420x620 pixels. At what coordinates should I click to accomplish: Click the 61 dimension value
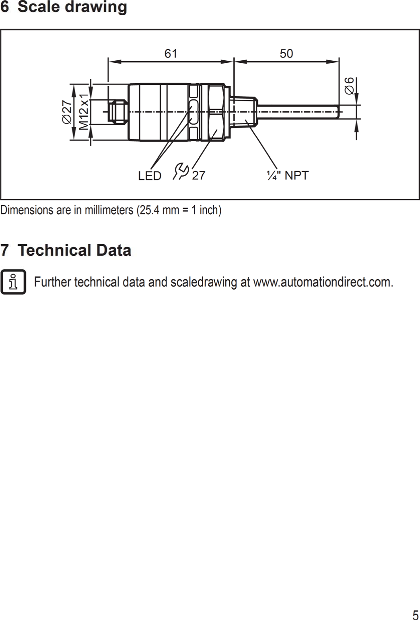click(171, 54)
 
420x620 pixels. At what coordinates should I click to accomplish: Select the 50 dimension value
click(286, 54)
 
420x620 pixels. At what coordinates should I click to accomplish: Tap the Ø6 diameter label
click(350, 86)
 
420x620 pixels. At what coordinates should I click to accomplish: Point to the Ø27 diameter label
click(67, 112)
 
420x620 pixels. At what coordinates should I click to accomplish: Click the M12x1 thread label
click(84, 112)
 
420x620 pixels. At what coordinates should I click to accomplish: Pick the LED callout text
click(150, 176)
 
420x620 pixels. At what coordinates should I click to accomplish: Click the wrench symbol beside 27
click(181, 171)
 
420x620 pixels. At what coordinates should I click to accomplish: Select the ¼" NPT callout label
click(287, 175)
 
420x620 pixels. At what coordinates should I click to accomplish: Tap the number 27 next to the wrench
click(198, 176)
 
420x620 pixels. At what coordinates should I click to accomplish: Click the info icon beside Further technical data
click(13, 282)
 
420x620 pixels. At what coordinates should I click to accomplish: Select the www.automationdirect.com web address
click(323, 282)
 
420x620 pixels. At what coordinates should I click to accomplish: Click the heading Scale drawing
click(72, 7)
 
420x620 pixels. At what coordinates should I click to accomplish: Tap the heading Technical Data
click(74, 250)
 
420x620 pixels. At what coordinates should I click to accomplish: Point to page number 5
click(415, 615)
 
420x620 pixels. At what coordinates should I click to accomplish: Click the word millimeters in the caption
click(109, 210)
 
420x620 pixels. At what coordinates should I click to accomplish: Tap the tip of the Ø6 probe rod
click(337, 111)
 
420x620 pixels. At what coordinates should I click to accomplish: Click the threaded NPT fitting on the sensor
click(243, 111)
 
